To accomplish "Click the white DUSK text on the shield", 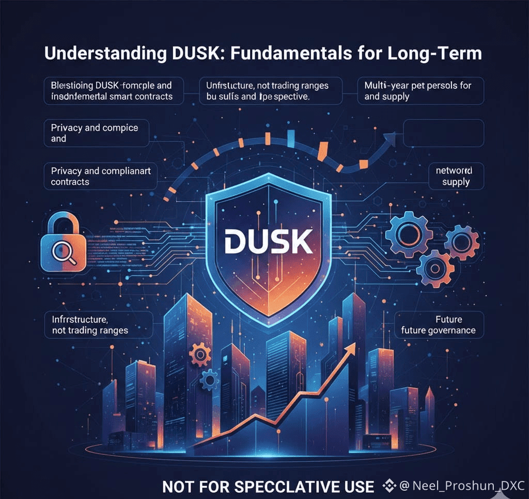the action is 268,241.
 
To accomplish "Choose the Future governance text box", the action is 439,325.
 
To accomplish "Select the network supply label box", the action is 456,176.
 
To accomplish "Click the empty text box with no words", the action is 443,133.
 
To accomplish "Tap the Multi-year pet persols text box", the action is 420,90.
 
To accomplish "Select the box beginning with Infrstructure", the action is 99,325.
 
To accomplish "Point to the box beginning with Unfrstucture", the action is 272,90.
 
